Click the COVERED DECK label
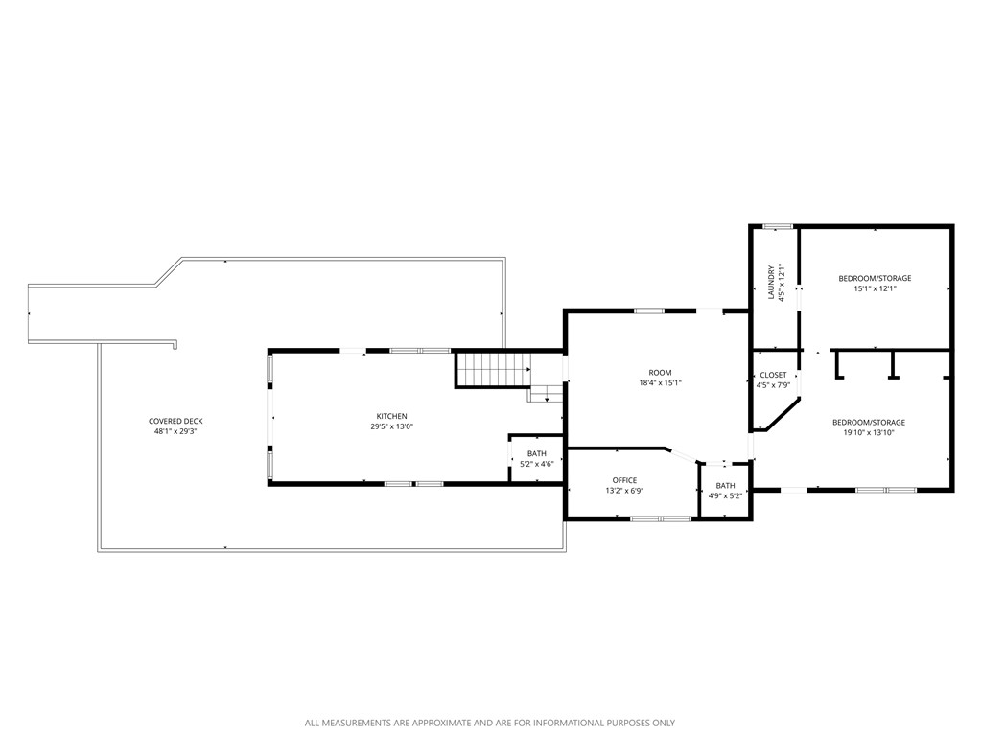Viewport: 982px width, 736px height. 175,421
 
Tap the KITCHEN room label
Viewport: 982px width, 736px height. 391,416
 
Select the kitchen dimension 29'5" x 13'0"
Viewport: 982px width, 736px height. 391,426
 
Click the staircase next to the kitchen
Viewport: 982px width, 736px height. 492,369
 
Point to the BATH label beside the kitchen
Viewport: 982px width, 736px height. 536,453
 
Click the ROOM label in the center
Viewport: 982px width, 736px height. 660,372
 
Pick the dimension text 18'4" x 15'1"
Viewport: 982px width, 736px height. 660,382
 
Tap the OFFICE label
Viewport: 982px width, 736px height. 624,480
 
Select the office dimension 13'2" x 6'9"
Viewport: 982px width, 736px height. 624,491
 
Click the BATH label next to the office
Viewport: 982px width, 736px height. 725,485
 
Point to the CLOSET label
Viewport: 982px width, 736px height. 773,375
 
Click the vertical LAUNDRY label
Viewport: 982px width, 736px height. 771,283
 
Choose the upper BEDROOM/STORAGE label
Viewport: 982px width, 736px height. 875,278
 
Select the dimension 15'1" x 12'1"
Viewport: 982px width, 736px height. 875,288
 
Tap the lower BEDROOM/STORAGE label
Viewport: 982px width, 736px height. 868,422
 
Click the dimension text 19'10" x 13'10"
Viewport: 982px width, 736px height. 868,432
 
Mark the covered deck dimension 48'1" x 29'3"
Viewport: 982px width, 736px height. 175,431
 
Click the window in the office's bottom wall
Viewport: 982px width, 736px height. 660,518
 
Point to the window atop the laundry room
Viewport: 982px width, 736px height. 778,226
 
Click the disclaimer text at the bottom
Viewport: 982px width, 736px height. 490,723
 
